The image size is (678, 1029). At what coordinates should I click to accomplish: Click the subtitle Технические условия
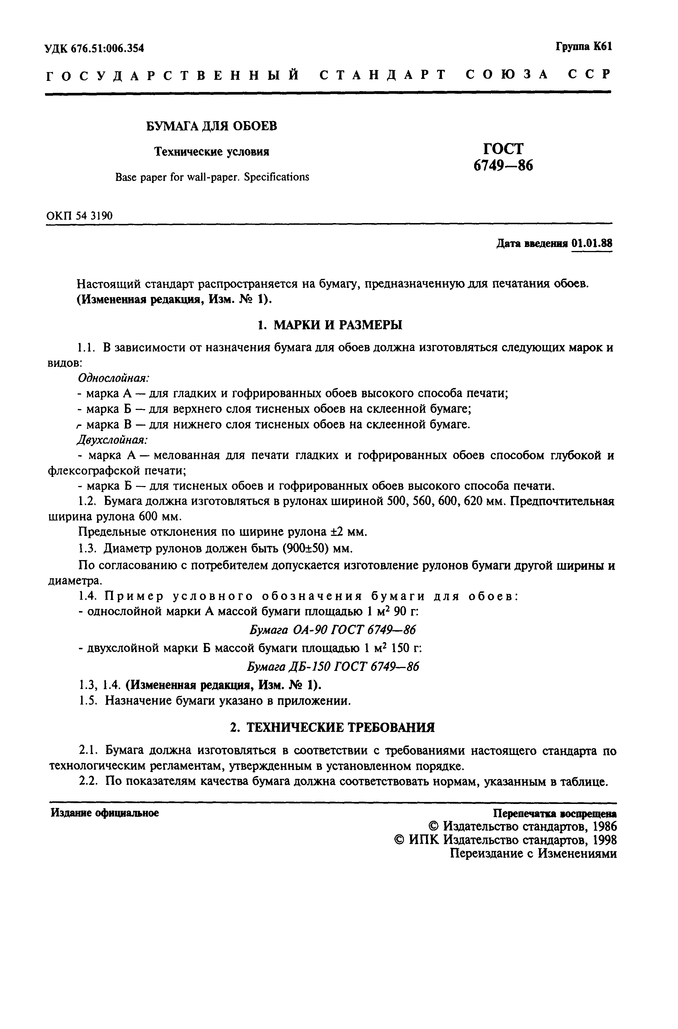tap(212, 152)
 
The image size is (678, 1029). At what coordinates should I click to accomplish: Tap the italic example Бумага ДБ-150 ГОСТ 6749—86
tap(333, 667)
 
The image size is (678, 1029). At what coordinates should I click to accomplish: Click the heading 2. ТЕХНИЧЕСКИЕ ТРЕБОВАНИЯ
tap(332, 728)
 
